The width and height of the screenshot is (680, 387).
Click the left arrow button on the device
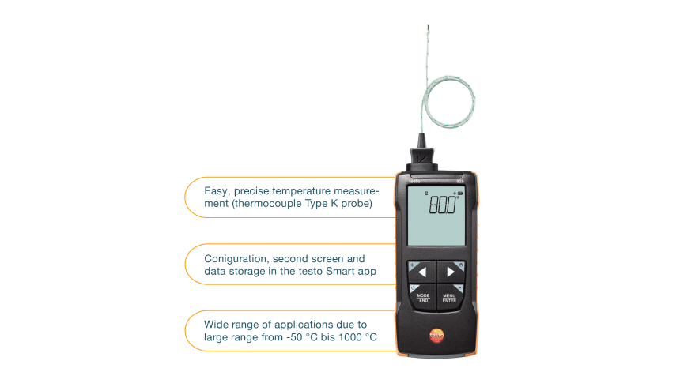click(422, 272)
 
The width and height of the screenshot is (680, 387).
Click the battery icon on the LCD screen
click(460, 192)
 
